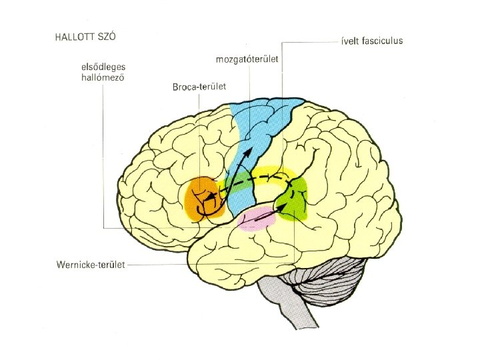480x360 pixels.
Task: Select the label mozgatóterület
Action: (x=247, y=60)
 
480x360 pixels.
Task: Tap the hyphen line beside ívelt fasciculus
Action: (x=339, y=41)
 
